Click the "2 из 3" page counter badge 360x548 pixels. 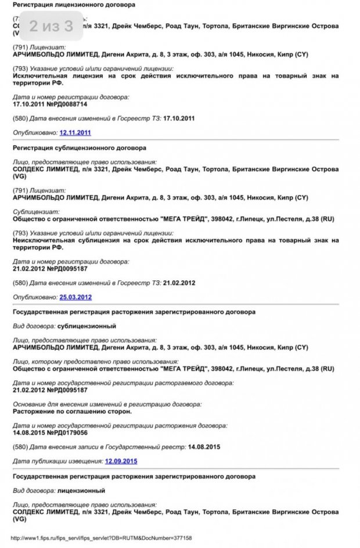pos(51,26)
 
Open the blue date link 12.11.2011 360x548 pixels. pos(75,133)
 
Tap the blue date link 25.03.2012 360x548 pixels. pos(75,297)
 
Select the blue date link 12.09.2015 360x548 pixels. pos(121,461)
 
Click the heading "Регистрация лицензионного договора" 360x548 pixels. pos(74,4)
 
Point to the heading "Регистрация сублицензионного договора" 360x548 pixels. pos(79,147)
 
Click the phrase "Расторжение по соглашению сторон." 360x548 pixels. pos(72,411)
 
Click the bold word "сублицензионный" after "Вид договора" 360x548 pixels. pos(87,326)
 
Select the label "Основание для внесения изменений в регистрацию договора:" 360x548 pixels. pos(107,403)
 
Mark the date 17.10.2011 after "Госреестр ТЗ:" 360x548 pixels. pos(179,118)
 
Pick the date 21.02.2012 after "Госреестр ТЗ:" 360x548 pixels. pos(179,283)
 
